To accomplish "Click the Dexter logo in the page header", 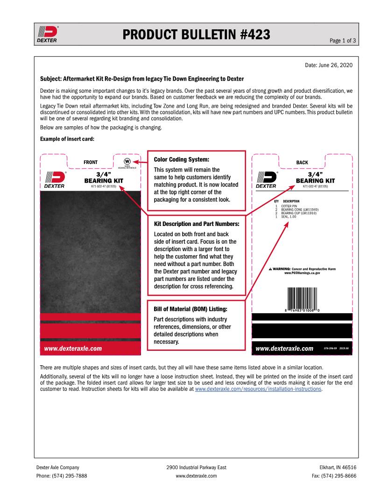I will [x=47, y=34].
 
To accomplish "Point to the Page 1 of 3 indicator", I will [x=343, y=41].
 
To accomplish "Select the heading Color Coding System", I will [x=182, y=159].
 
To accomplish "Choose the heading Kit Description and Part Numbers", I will [x=197, y=224].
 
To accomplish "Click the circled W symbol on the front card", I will [x=127, y=161].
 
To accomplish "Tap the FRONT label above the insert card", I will [x=91, y=163].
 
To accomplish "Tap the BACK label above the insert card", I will [x=302, y=163].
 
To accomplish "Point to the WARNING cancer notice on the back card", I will [x=302, y=271].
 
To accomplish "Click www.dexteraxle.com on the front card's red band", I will [x=73, y=348].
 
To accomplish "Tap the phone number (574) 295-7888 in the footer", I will [x=62, y=476].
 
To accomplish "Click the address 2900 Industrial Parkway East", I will [x=196, y=467].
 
